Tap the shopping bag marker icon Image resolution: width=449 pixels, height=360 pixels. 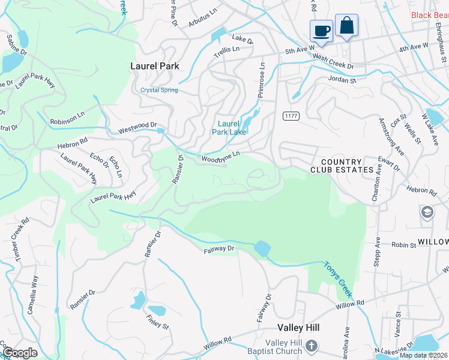(346, 26)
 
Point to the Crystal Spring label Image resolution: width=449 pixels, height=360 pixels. (159, 91)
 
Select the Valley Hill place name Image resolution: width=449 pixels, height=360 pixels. (298, 328)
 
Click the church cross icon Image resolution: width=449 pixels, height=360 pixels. (311, 346)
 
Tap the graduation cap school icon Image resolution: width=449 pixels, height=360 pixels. (427, 212)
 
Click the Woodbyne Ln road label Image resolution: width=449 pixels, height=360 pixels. (220, 157)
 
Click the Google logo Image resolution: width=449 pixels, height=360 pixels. (19, 352)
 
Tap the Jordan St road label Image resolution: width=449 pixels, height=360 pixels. (342, 79)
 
